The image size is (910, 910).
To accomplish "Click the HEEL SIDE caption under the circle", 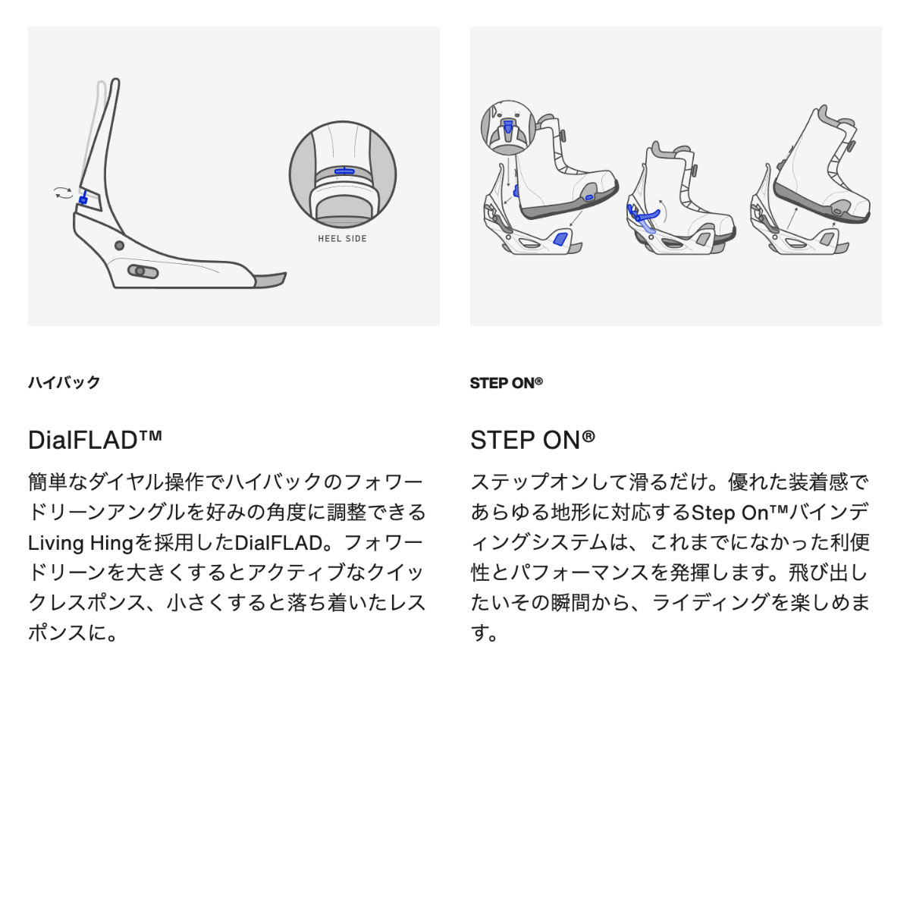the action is pos(342,238).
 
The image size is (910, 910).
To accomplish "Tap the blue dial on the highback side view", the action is pos(83,199).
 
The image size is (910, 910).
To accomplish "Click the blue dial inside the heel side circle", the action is pos(344,171).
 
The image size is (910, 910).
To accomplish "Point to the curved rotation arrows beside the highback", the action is pos(63,193).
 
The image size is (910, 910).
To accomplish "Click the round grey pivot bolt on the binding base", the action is pos(120,246).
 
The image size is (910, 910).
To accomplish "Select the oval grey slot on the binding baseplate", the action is pos(143,271).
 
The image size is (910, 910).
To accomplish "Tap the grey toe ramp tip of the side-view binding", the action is pos(270,280).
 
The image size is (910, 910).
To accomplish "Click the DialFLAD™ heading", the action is pos(95,440).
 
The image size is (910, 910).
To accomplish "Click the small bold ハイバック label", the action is pos(64,382).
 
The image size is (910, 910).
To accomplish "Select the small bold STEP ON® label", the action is pos(507,383).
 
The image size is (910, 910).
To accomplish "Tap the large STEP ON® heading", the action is pos(532,440).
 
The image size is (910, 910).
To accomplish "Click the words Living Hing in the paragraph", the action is pos(80,543).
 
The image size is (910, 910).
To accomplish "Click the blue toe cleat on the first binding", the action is pos(560,238).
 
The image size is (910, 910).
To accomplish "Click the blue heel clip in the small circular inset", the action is pos(507,127).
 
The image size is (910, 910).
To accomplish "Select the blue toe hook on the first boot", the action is pos(589,197).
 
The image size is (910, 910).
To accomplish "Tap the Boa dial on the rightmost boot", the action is pos(851,146).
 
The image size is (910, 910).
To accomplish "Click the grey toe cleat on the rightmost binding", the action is pos(827,238).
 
